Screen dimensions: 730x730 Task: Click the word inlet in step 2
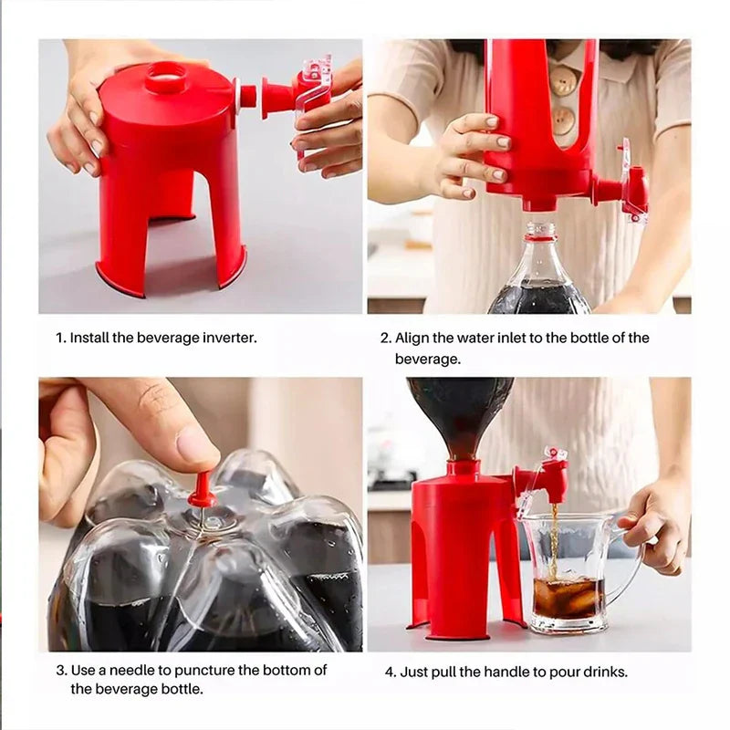click(511, 338)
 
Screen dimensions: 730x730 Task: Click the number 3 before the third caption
click(59, 670)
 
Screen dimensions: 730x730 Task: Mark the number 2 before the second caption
click(384, 338)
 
